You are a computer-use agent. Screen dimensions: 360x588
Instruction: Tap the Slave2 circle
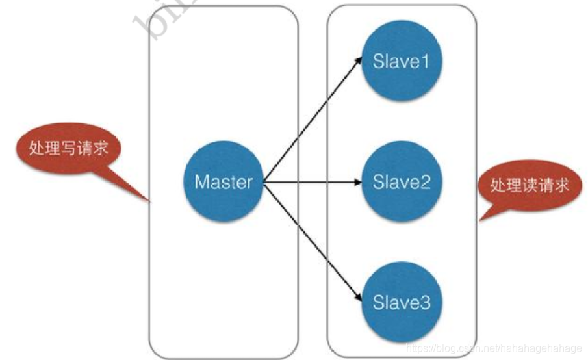(401, 181)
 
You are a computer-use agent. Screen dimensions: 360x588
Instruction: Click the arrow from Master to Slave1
(312, 121)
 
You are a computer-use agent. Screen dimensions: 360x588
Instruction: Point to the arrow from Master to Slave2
(312, 181)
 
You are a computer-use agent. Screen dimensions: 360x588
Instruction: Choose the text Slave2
(402, 181)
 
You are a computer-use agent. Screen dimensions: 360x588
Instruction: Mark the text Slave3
(402, 302)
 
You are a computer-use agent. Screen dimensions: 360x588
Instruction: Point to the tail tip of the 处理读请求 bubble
(481, 220)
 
